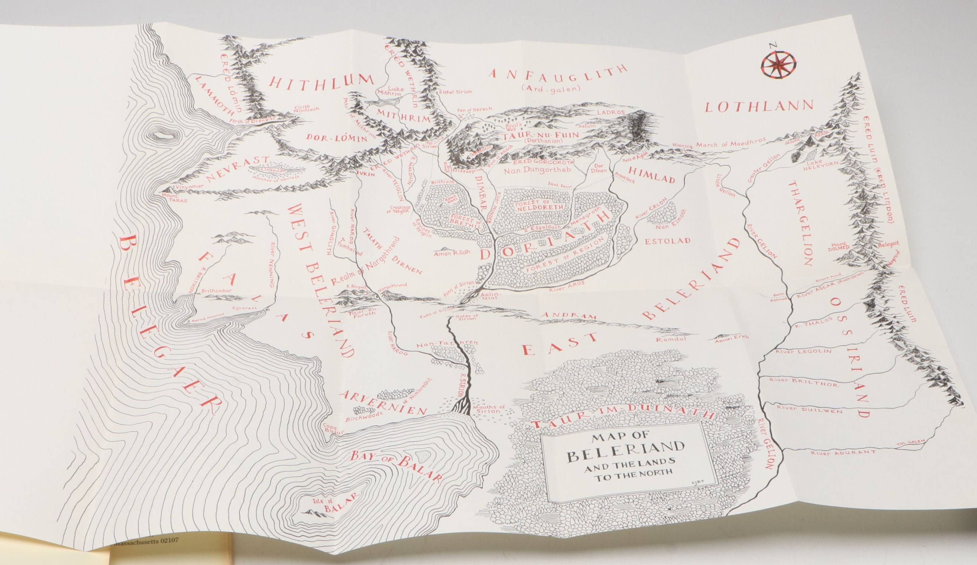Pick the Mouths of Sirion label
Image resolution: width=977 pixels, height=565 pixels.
[x=490, y=410]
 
